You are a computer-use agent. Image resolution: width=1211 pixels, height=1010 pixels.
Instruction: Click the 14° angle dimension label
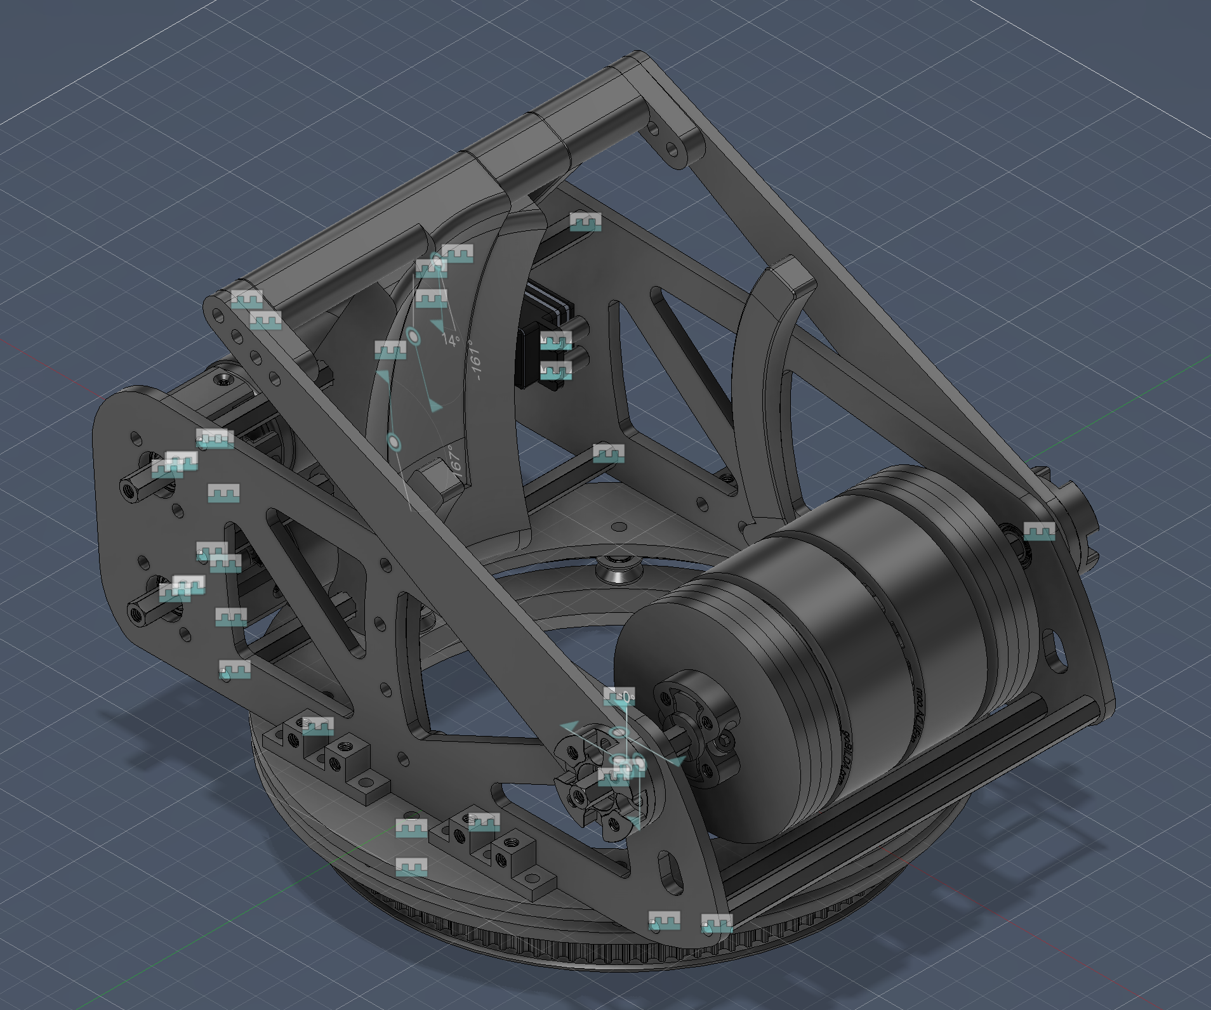(x=450, y=340)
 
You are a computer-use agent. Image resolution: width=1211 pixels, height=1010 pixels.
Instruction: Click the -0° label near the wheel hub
(x=626, y=697)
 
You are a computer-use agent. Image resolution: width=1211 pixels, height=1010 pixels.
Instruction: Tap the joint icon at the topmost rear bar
(x=585, y=222)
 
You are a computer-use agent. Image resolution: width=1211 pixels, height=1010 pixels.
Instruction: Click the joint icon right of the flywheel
(x=1039, y=531)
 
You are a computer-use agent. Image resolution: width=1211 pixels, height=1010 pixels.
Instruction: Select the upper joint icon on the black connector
(x=556, y=341)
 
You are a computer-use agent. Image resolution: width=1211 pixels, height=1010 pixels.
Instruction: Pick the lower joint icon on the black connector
(x=556, y=370)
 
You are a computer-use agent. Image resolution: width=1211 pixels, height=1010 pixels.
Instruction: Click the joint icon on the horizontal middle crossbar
(x=609, y=453)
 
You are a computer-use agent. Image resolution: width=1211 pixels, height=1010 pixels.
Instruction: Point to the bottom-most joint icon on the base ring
(x=411, y=867)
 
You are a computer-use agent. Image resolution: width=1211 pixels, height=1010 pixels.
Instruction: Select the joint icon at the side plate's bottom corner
(x=717, y=923)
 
